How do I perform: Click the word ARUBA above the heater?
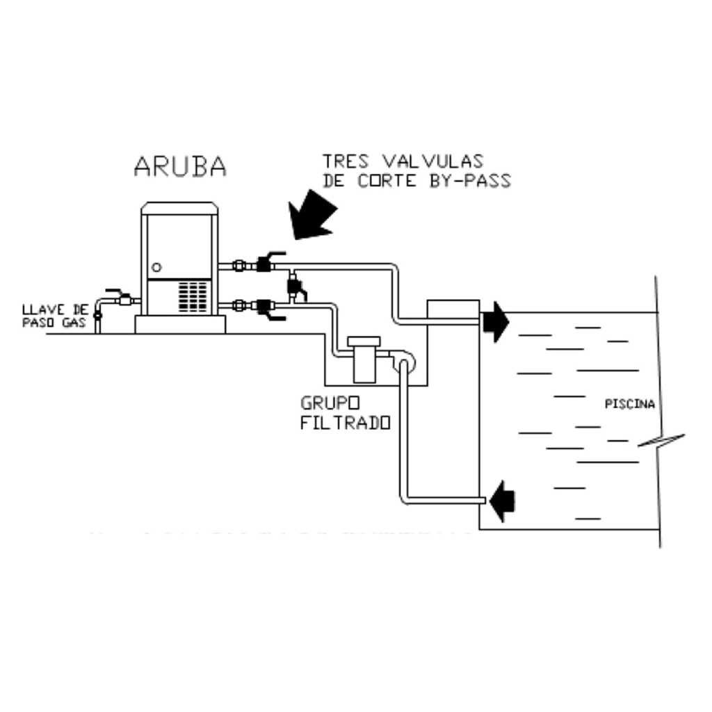click(x=180, y=166)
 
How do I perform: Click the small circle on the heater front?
click(x=156, y=266)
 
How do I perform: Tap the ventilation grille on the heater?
click(x=195, y=296)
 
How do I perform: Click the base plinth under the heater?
click(x=180, y=325)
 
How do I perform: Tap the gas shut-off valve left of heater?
click(x=122, y=299)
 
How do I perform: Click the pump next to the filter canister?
click(x=403, y=360)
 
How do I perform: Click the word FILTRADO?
click(x=344, y=423)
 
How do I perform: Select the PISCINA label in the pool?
click(x=630, y=404)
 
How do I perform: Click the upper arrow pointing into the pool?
click(x=495, y=321)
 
